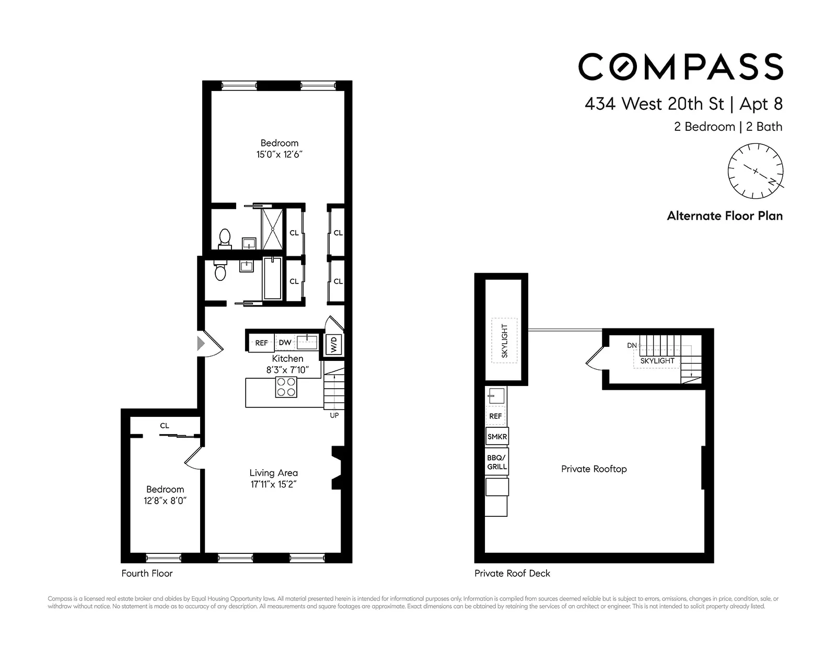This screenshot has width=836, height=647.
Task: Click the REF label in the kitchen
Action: (261, 343)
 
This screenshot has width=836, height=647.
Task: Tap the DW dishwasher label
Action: (285, 343)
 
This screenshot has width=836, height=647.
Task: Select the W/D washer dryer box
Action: (334, 344)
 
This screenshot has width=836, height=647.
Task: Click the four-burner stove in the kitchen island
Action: (286, 387)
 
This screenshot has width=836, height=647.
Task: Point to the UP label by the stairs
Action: (334, 415)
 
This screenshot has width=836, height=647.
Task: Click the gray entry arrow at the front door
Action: (201, 344)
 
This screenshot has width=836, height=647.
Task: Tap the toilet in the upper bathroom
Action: (225, 237)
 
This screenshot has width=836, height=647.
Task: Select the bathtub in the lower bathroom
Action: (272, 278)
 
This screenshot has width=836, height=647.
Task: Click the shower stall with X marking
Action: (272, 229)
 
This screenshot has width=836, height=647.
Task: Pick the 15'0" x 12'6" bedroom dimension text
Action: (280, 155)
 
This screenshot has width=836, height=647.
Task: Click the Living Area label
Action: (273, 473)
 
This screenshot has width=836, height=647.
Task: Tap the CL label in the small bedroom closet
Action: (165, 426)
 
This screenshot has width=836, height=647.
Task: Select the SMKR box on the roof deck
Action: (497, 437)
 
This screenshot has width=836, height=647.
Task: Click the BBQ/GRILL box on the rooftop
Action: (497, 462)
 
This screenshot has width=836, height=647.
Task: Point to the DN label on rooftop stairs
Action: (632, 346)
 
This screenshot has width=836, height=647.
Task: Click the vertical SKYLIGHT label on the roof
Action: (504, 341)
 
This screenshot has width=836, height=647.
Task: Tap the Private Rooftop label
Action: (594, 469)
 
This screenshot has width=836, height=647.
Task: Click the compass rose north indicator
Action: (771, 181)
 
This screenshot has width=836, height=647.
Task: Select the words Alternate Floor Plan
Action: (725, 216)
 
